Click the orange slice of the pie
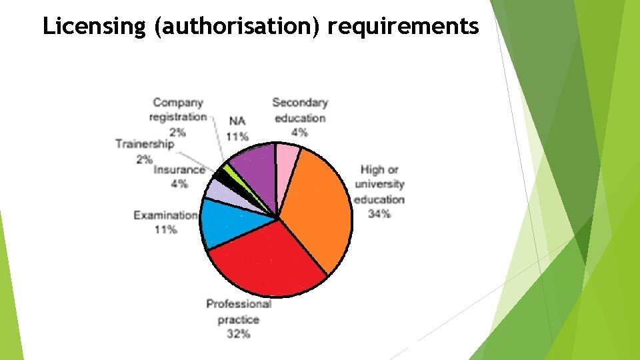coord(317,207)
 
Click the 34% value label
coord(379,214)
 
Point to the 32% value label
coord(238,334)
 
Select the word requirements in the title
coord(403,27)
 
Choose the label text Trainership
coord(144,144)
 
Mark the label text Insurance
coord(179,170)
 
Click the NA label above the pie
coord(237,121)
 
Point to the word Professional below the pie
coord(239,304)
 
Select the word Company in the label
coord(178,103)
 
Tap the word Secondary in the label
coord(300,103)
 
